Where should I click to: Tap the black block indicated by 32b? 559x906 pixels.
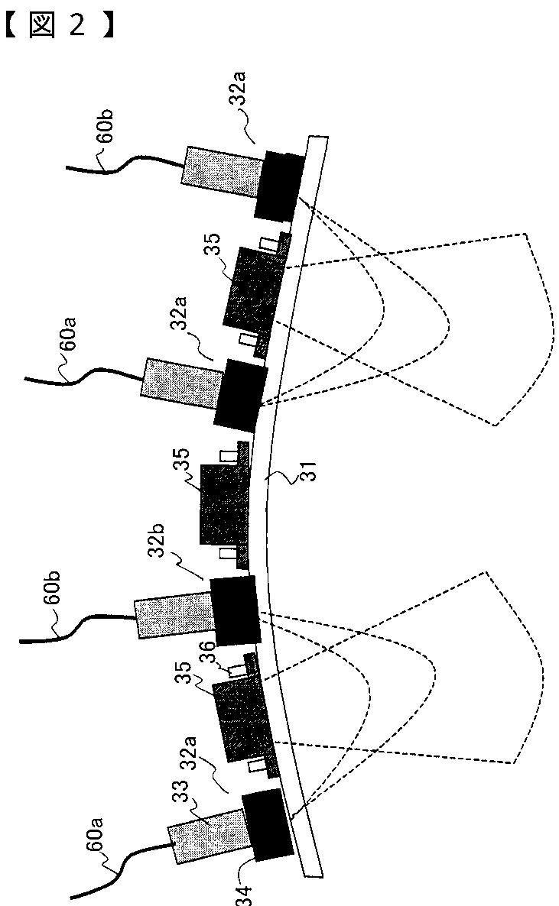coord(236,610)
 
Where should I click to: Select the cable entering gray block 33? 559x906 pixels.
coord(138,863)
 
